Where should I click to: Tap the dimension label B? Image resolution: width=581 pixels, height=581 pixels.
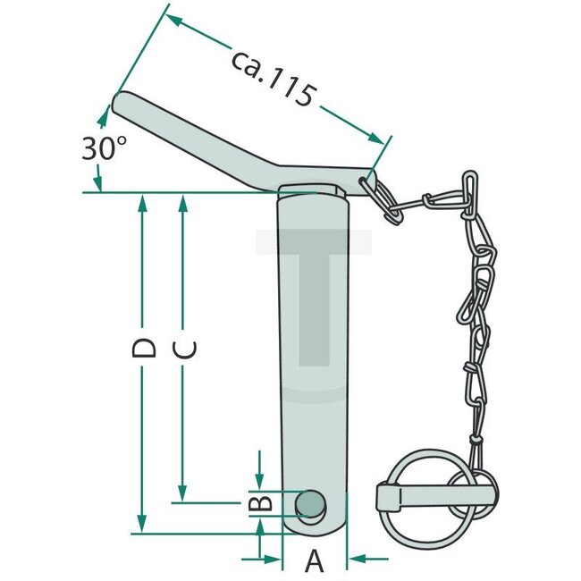(258, 503)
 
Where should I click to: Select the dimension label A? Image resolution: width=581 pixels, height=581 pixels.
(314, 561)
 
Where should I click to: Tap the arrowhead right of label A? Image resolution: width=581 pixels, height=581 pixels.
(355, 560)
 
